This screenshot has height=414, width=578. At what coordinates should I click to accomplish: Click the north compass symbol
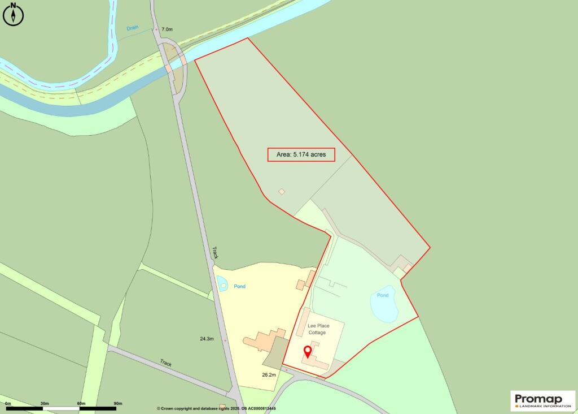click(12, 14)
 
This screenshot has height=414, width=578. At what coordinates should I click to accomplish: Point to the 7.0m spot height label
click(167, 29)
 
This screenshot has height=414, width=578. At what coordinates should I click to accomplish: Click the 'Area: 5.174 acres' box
click(301, 154)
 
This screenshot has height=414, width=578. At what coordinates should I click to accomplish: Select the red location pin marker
click(308, 352)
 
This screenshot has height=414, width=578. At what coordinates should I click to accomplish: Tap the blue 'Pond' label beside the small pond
click(240, 287)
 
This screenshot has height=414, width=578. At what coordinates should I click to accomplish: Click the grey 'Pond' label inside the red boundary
click(383, 295)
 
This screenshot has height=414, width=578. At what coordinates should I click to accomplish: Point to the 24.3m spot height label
click(207, 339)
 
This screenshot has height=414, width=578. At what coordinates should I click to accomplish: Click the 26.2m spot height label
click(269, 374)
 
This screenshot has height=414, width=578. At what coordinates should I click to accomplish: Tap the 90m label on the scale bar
click(118, 403)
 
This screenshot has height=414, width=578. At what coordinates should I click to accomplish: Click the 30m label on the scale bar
click(44, 403)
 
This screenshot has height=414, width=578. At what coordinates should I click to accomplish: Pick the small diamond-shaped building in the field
click(282, 192)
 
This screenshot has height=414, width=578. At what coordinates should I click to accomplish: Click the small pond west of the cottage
click(222, 283)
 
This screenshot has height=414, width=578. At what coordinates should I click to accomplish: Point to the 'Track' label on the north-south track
click(215, 252)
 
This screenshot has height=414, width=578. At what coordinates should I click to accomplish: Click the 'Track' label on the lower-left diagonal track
click(165, 363)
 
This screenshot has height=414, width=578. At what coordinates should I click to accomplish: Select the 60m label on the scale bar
click(81, 403)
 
